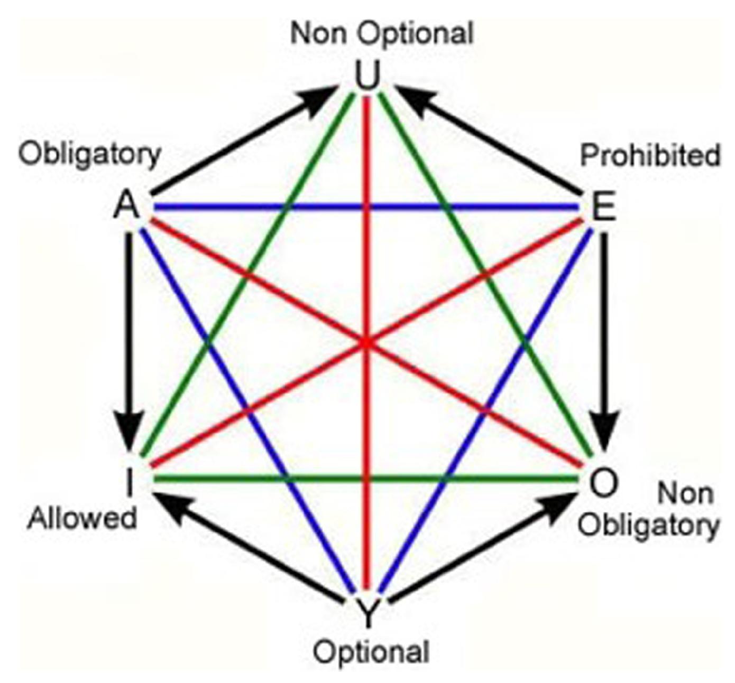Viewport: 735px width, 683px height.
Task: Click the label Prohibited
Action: [650, 156]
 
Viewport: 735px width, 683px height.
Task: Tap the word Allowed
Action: [82, 518]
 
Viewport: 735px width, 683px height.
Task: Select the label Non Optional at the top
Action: [382, 34]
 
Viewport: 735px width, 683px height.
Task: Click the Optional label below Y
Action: [371, 652]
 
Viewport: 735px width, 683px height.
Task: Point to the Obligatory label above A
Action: [90, 155]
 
